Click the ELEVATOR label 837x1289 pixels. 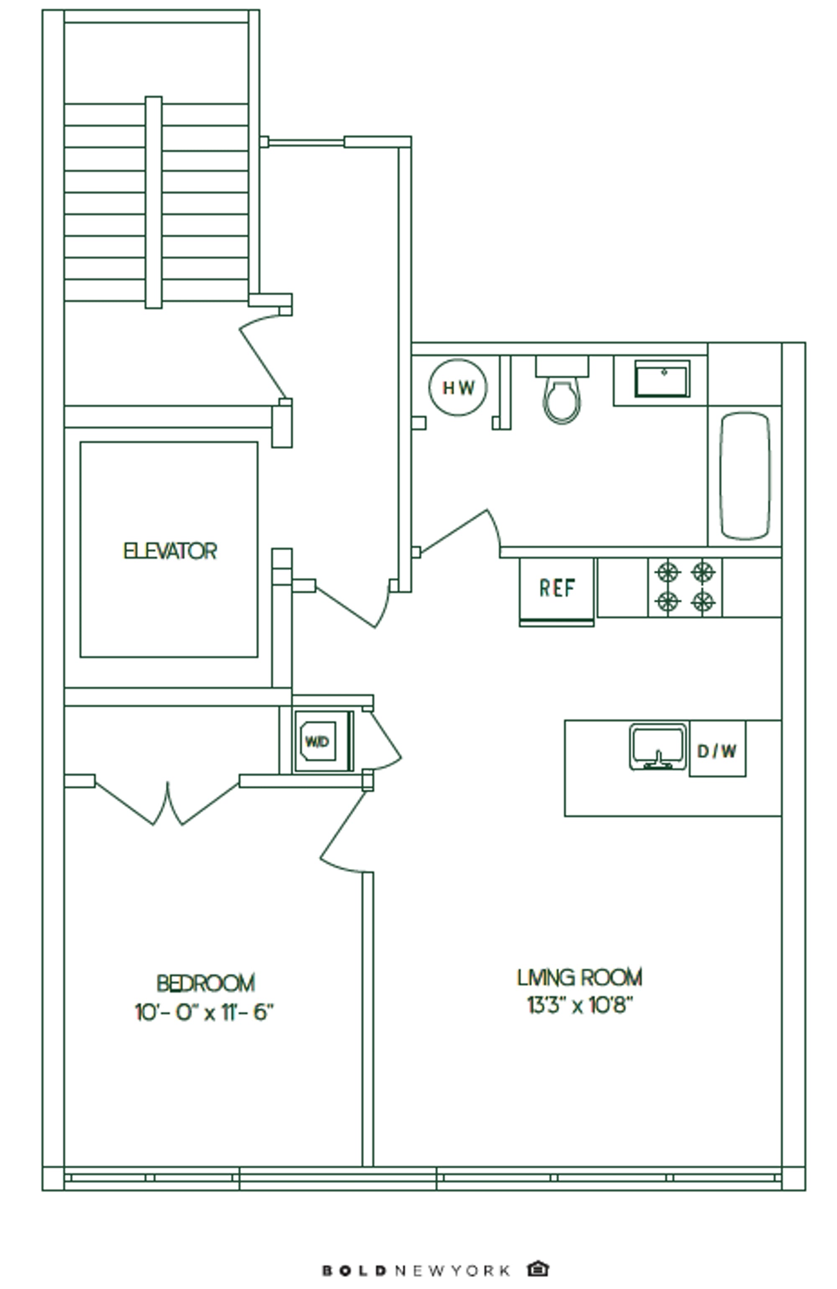tap(169, 551)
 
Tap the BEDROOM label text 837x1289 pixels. tap(205, 983)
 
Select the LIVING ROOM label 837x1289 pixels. tap(579, 977)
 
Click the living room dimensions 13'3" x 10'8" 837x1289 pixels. tap(580, 1005)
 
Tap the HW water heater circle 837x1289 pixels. tap(458, 387)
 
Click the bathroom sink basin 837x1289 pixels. tap(662, 379)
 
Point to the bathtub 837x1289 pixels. tap(745, 475)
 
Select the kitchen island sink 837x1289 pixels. tap(658, 746)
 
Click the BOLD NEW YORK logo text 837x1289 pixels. tap(416, 1270)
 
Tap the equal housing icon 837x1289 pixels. tap(537, 1269)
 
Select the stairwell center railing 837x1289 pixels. tap(153, 203)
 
